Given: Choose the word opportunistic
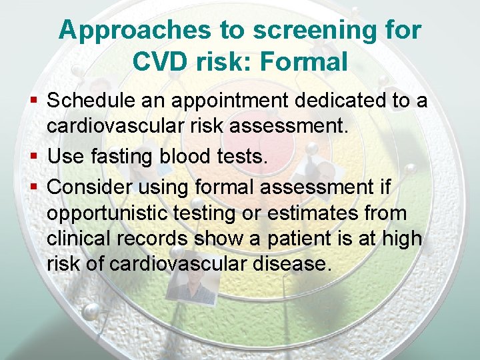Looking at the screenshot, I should tap(105, 213).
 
